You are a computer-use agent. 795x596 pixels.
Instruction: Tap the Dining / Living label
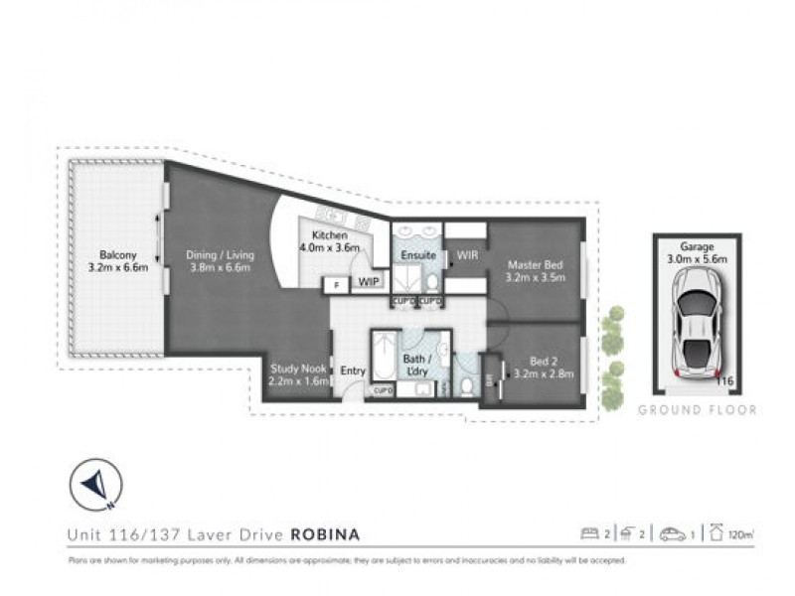click(221, 261)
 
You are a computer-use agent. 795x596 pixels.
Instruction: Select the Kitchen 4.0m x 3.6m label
click(325, 241)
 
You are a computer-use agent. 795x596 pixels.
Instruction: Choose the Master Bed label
click(537, 271)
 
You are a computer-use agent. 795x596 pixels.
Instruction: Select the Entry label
click(353, 372)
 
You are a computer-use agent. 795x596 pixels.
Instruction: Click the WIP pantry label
click(369, 282)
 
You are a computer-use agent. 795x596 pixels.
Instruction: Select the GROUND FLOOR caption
click(697, 409)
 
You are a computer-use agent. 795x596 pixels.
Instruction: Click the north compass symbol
click(95, 485)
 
